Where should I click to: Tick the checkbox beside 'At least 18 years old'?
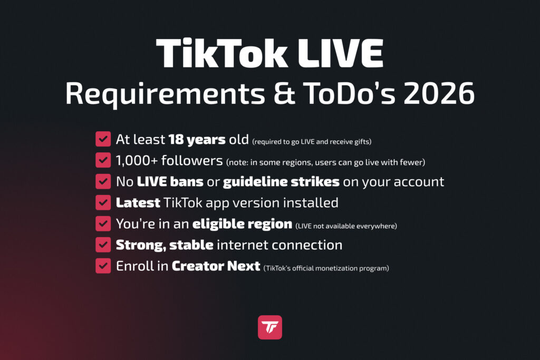(x=103, y=139)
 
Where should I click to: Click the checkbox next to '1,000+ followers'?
(x=103, y=160)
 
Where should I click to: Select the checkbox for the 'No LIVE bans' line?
(x=103, y=181)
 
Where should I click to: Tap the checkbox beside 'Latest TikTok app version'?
(x=103, y=202)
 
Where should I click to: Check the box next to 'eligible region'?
(x=103, y=223)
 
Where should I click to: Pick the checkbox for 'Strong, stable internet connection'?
(x=103, y=245)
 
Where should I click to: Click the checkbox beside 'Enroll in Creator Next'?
(x=103, y=266)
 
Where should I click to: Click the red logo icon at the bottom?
(x=270, y=327)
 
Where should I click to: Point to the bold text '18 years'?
(x=197, y=140)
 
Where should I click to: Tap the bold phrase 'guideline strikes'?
(x=281, y=182)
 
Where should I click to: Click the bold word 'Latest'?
(x=138, y=202)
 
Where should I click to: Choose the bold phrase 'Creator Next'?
(x=216, y=266)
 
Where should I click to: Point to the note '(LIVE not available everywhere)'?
(x=346, y=226)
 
